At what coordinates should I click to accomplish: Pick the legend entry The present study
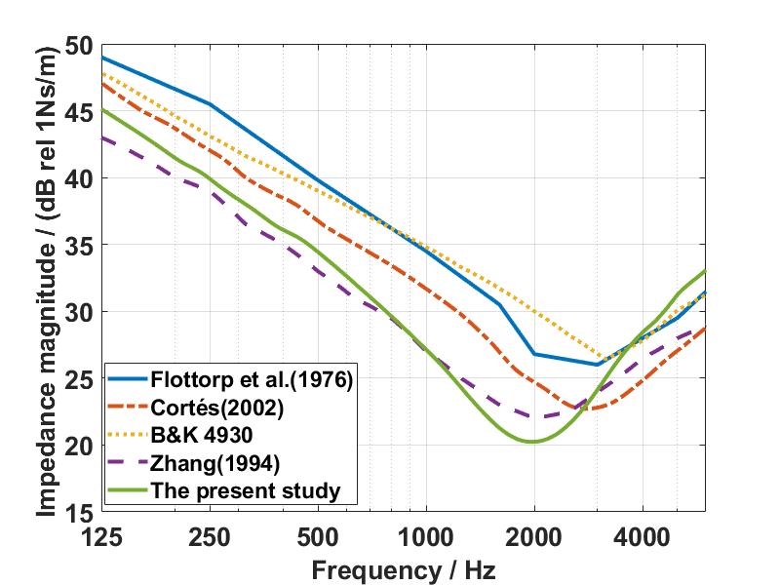[247, 490]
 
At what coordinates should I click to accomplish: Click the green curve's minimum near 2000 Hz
[531, 442]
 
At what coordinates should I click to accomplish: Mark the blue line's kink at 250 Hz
[210, 103]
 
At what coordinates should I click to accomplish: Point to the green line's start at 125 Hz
[102, 108]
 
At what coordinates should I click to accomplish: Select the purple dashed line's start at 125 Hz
[102, 136]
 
